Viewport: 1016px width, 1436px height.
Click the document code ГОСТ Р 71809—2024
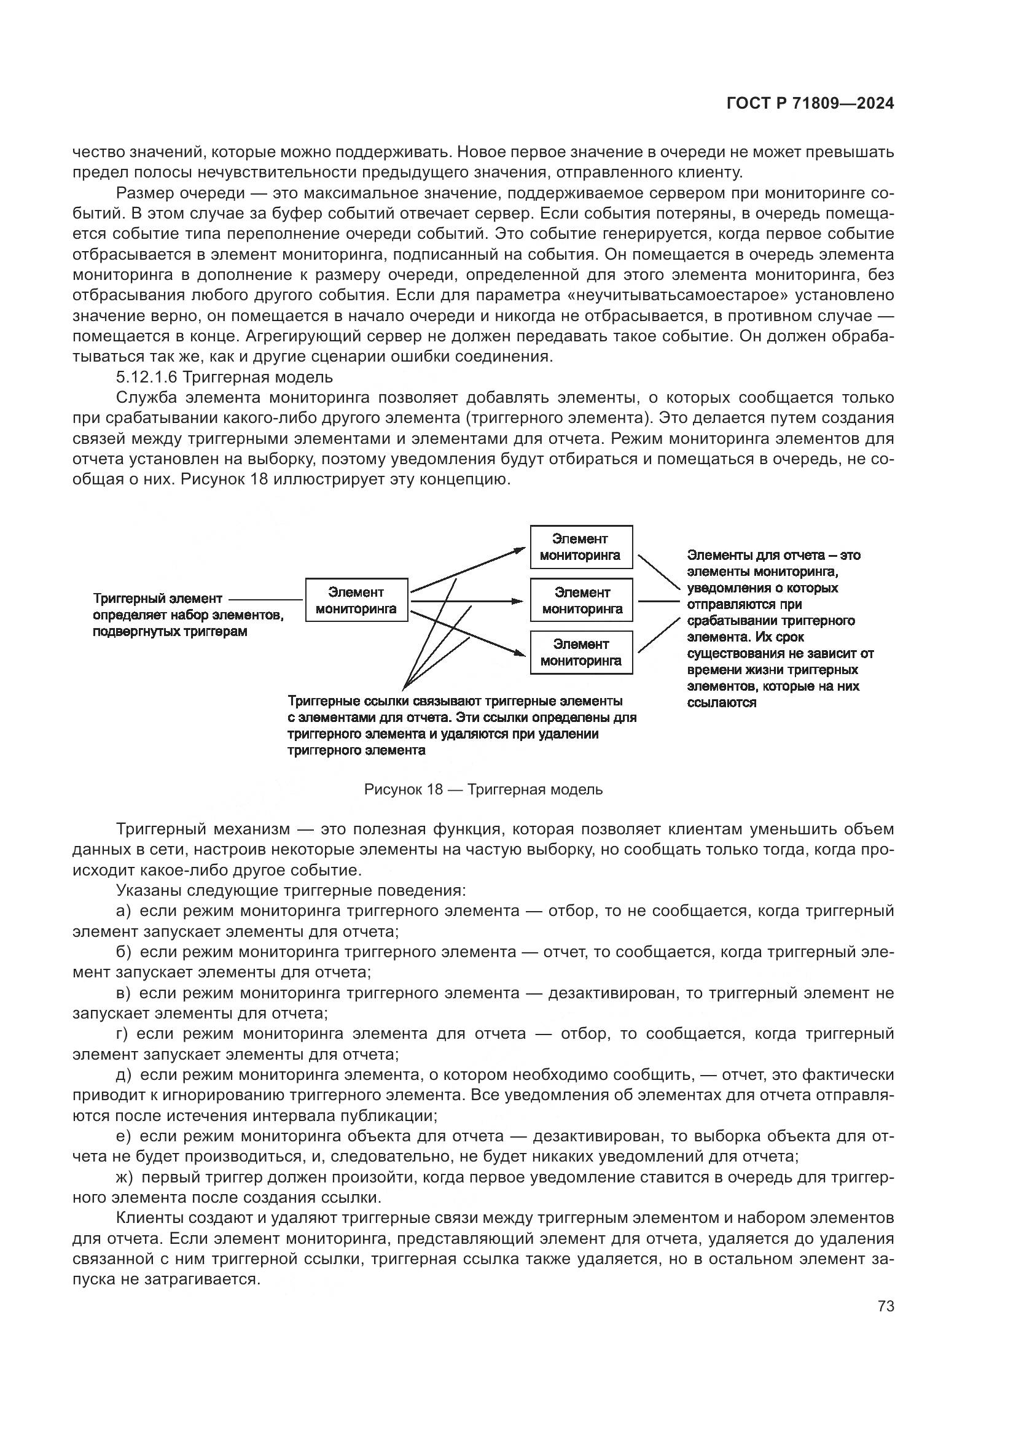[x=810, y=104]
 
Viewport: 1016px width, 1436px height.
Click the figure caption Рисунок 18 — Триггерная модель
[x=483, y=790]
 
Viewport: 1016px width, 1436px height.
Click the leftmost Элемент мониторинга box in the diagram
[x=356, y=600]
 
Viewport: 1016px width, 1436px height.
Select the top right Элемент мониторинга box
[x=580, y=546]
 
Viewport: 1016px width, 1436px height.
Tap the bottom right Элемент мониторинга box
[x=580, y=653]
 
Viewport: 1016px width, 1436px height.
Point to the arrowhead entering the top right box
[x=520, y=549]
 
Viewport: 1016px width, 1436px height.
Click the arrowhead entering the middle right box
[x=518, y=601]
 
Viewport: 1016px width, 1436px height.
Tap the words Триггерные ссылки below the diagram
[x=348, y=701]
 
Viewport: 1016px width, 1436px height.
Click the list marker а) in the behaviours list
[x=123, y=910]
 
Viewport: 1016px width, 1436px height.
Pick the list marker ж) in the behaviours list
[x=125, y=1177]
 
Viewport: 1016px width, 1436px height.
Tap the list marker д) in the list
[x=123, y=1074]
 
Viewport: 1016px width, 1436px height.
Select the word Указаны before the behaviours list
[x=147, y=890]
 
